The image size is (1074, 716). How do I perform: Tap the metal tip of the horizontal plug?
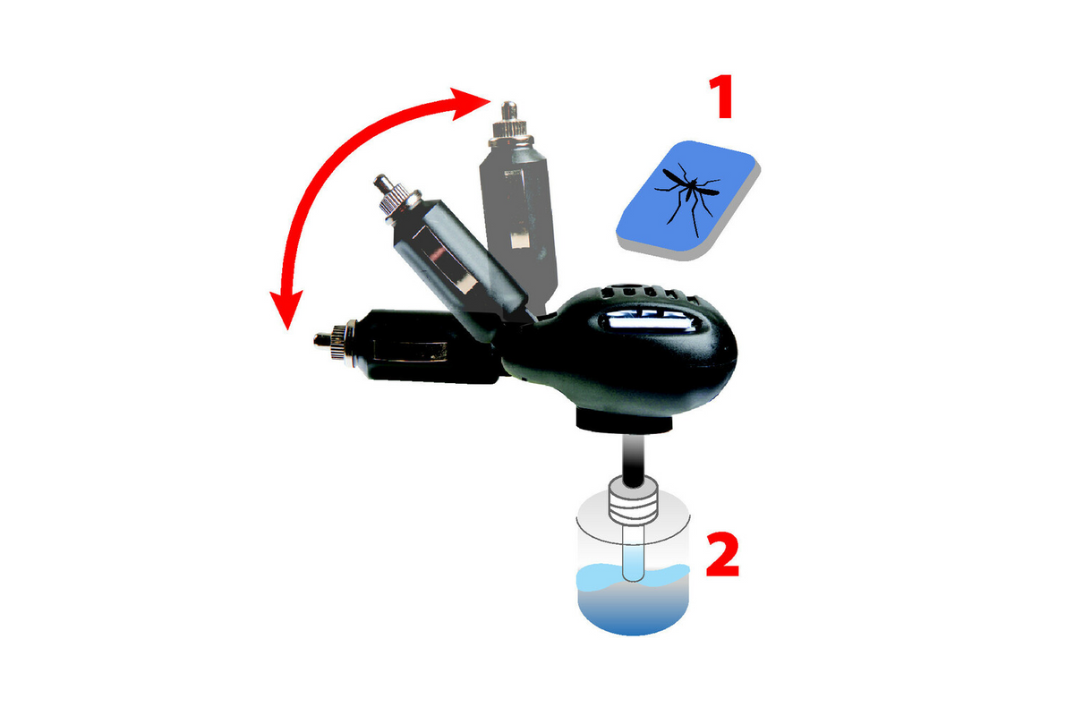pyautogui.click(x=322, y=341)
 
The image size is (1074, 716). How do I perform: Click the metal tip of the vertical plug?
pyautogui.click(x=509, y=112)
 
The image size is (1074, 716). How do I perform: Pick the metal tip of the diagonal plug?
pyautogui.click(x=383, y=183)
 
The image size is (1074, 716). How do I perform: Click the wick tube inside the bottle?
pyautogui.click(x=634, y=553)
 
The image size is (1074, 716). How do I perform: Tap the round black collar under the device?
pyautogui.click(x=625, y=423)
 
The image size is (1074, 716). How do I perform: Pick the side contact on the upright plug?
pyautogui.click(x=519, y=240)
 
